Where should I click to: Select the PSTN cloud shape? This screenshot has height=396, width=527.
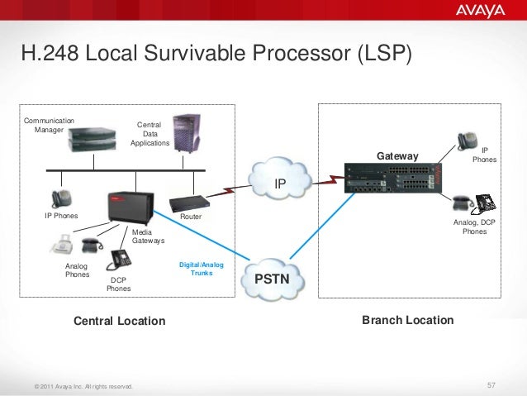(272, 279)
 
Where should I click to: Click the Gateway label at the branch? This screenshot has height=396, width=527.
(397, 156)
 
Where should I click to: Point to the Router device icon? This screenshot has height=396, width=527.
(188, 202)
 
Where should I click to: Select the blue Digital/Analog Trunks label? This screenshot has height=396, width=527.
(201, 268)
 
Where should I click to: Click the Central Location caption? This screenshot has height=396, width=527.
(120, 321)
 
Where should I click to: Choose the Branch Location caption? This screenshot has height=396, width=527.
(407, 320)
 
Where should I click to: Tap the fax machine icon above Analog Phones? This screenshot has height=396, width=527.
(64, 246)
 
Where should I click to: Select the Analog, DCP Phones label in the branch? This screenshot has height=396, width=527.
(474, 227)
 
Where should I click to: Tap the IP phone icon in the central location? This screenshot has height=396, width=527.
(61, 198)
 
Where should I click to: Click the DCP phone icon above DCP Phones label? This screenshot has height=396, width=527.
(121, 258)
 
